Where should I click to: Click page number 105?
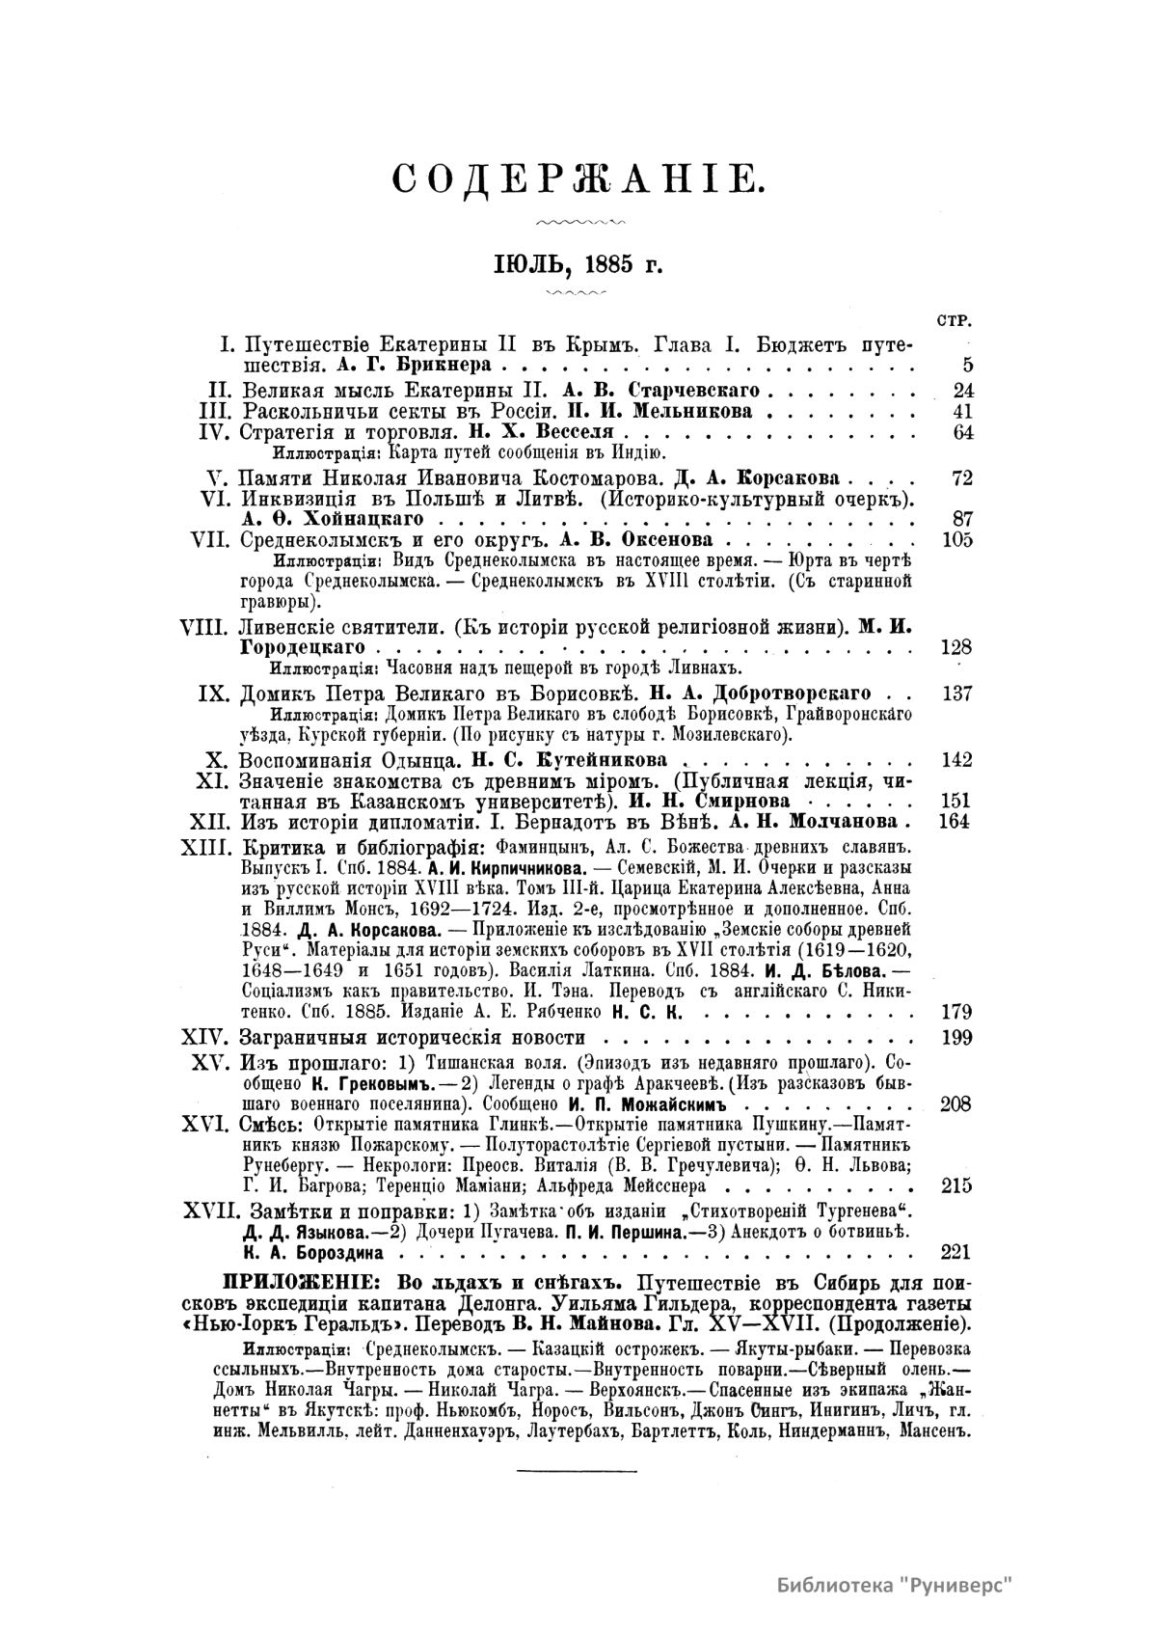956,539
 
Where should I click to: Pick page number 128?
956,647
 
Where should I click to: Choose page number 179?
956,1012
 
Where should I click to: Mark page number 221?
956,1253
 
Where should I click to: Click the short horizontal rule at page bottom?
578,1472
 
